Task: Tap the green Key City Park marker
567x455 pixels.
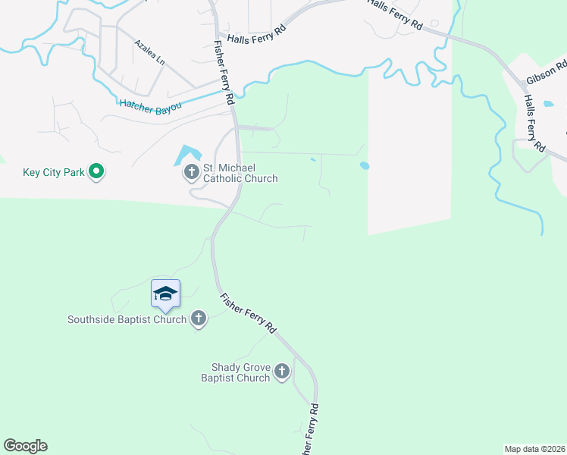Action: (x=96, y=172)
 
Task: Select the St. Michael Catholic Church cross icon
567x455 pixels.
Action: (x=190, y=173)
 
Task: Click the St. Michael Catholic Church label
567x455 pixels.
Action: (x=240, y=173)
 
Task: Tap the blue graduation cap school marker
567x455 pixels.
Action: (x=165, y=293)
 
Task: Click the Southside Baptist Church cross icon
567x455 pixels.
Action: (x=198, y=318)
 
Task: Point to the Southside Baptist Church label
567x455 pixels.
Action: (x=127, y=319)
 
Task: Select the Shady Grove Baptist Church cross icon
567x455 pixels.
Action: (x=282, y=371)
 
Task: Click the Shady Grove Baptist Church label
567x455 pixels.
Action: (x=236, y=372)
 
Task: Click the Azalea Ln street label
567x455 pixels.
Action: (x=149, y=52)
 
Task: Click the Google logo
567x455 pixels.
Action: (x=25, y=445)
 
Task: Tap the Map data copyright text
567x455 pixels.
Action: (x=534, y=448)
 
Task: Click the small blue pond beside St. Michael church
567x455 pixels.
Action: (x=186, y=155)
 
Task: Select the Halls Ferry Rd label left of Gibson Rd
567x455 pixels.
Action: (x=395, y=14)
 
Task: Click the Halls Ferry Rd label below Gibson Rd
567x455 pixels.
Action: (x=534, y=121)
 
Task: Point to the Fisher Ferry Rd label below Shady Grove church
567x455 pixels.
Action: (x=309, y=428)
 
